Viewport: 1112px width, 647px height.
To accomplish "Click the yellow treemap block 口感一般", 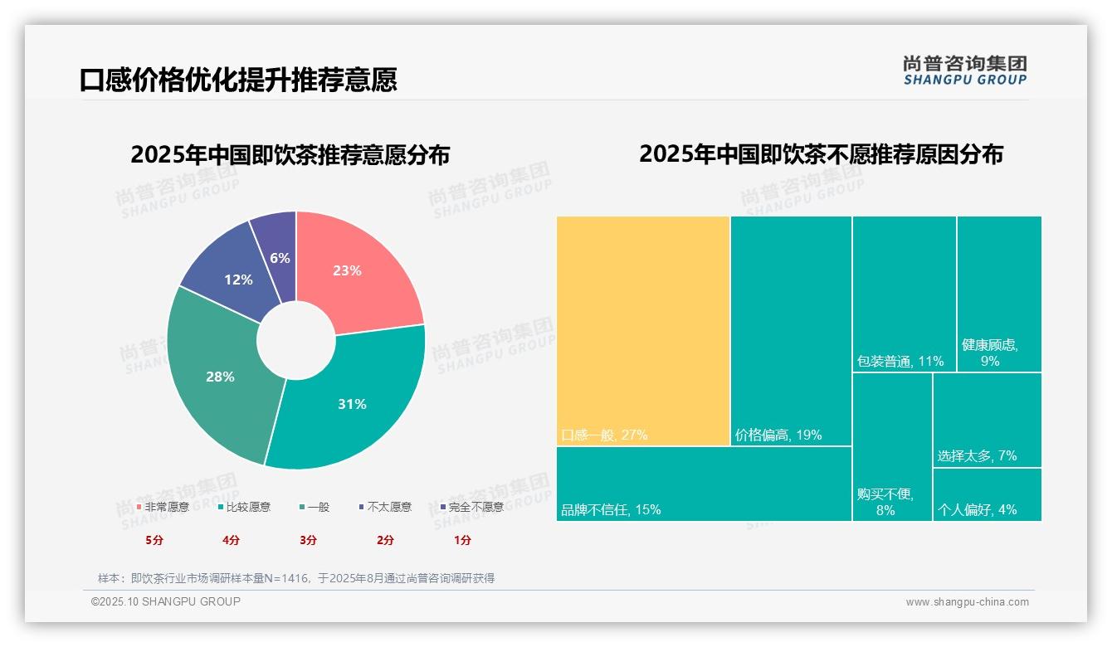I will click(643, 332).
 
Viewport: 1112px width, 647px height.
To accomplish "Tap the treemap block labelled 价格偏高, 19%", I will click(791, 332).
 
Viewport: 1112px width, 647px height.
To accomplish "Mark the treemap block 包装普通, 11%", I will click(904, 294).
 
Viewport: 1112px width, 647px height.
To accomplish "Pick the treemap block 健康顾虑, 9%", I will click(999, 294).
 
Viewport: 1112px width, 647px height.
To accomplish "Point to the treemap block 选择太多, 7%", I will click(987, 420).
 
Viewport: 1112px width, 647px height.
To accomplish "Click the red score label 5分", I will click(154, 540).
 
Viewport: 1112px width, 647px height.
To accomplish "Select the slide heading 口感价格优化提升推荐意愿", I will click(238, 80).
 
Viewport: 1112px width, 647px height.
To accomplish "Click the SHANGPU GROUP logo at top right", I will click(964, 70).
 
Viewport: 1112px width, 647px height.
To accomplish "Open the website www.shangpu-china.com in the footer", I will click(967, 602).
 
